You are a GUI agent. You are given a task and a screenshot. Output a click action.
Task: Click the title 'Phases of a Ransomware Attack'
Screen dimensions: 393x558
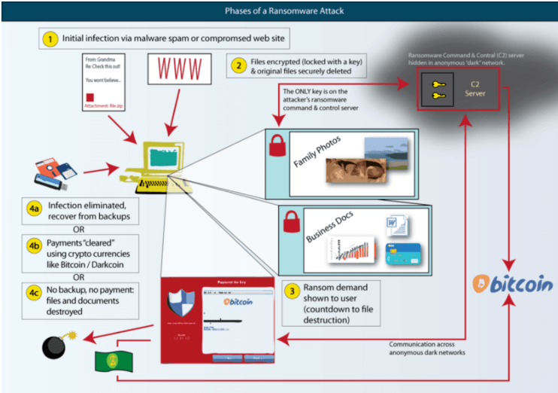tap(279, 11)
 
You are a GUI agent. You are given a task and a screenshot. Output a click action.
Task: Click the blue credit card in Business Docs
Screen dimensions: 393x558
tap(399, 257)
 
